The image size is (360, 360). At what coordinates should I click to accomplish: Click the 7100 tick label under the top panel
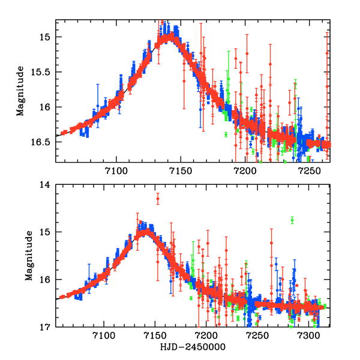coord(116,172)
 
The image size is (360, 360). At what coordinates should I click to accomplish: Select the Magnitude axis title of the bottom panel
coord(28,257)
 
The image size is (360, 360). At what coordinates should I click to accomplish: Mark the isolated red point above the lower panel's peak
coord(158,199)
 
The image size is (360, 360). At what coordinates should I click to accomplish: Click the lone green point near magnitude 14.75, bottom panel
coord(292,220)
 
